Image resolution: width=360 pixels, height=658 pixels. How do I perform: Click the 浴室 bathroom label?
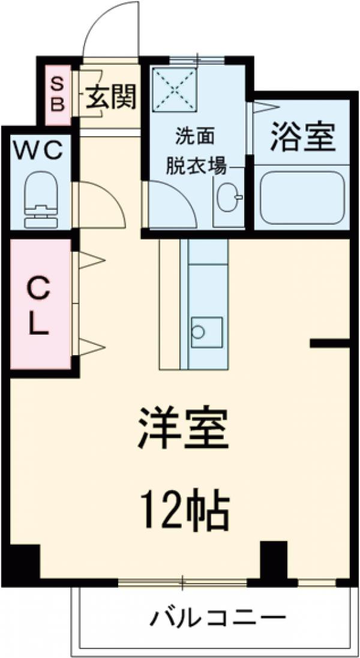[x=302, y=136]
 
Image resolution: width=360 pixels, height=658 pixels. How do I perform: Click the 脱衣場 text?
[x=196, y=167]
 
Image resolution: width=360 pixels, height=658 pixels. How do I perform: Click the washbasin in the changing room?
[x=229, y=198]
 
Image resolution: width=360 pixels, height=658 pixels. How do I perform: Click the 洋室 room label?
[x=184, y=428]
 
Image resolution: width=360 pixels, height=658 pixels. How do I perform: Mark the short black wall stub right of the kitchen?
[x=329, y=344]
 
